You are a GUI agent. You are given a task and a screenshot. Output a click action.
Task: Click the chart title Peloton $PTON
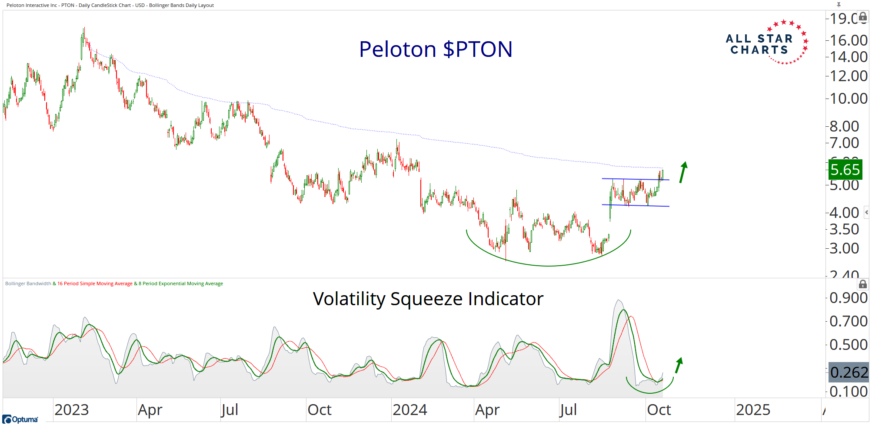tap(436, 49)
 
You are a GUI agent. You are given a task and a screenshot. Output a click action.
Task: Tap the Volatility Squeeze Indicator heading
tap(428, 299)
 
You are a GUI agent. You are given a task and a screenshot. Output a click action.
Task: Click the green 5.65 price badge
tap(845, 169)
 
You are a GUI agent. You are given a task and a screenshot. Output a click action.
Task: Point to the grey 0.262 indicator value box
tap(848, 372)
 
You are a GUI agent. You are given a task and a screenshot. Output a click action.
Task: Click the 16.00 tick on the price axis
tap(848, 40)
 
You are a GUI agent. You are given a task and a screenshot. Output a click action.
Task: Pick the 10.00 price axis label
tap(848, 99)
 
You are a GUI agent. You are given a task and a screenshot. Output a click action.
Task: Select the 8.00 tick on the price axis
tap(844, 126)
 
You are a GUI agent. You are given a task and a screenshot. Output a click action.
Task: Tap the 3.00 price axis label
tap(844, 248)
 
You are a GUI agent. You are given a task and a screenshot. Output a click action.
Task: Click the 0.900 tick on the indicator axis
tap(848, 298)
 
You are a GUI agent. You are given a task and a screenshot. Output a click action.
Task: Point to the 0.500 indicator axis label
tap(848, 345)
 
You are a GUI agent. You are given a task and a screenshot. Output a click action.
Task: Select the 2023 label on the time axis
tap(72, 410)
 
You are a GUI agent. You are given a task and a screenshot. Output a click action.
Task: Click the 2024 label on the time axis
tap(410, 410)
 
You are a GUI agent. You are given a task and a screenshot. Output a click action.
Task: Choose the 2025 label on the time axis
tap(753, 410)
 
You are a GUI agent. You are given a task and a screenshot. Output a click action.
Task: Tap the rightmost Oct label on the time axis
tap(659, 410)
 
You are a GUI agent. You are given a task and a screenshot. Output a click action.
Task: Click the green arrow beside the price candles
tap(683, 172)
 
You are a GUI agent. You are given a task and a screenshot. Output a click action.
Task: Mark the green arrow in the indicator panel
tap(679, 365)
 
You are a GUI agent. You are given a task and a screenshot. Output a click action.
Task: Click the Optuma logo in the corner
tap(20, 419)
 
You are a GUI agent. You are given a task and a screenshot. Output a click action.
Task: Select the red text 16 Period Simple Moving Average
tap(95, 284)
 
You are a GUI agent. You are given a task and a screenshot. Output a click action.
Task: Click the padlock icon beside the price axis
tap(863, 17)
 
